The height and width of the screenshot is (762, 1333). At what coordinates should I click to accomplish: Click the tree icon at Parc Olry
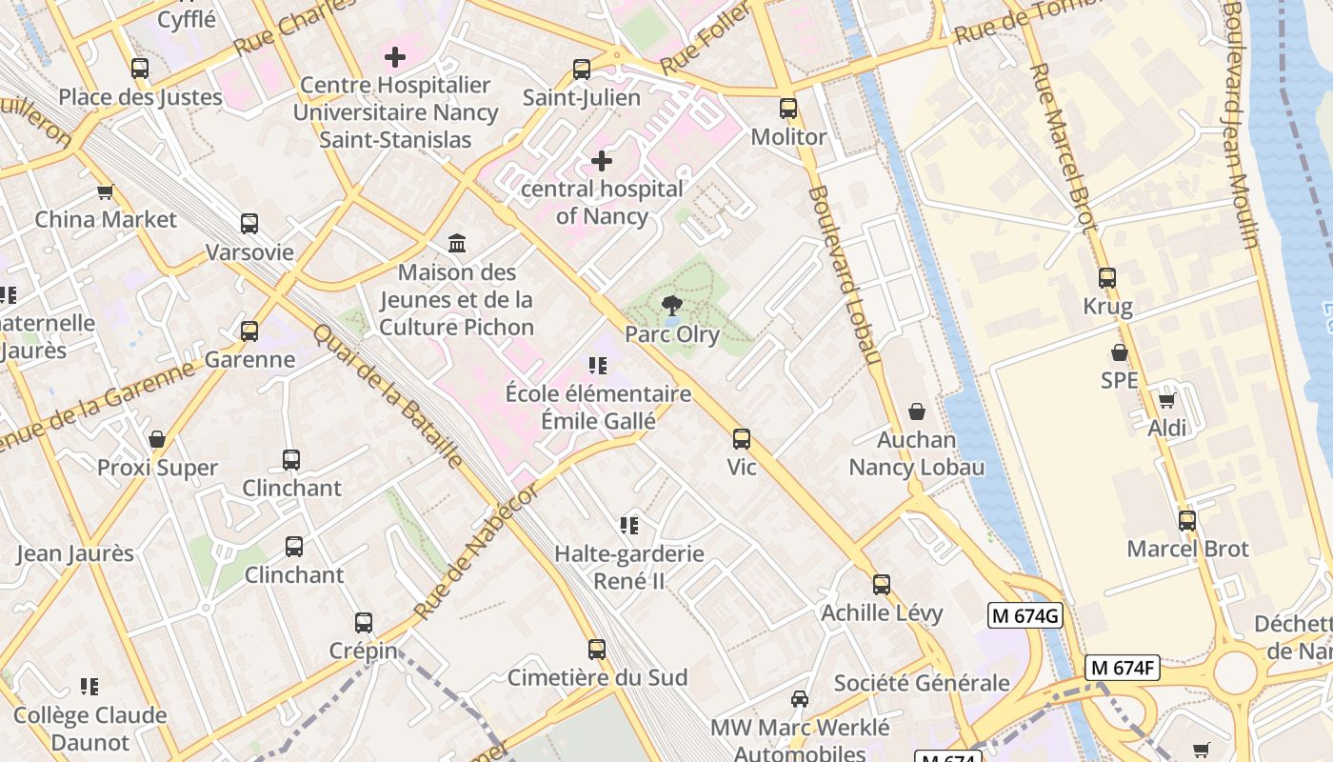point(672,306)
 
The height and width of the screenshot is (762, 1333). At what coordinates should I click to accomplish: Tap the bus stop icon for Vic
point(741,439)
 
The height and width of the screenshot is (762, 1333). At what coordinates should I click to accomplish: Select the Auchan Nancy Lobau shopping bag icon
point(916,411)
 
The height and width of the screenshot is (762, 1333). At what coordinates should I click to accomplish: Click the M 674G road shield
point(1025,616)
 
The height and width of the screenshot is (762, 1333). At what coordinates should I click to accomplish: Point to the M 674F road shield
point(1124,669)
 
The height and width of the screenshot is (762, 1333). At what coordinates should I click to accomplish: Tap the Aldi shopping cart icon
point(1166,400)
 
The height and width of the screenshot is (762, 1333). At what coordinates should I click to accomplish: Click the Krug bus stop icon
point(1106,278)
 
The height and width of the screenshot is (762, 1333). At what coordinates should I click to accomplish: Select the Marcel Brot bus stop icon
point(1186,521)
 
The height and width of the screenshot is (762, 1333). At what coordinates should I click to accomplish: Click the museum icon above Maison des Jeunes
point(457,244)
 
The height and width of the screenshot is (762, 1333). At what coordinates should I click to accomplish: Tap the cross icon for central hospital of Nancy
point(602,161)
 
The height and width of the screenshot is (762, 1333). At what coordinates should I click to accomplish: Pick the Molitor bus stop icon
point(788,109)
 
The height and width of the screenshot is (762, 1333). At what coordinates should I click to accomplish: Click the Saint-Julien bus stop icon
point(582,70)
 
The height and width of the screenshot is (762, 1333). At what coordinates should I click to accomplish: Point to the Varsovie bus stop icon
point(249,224)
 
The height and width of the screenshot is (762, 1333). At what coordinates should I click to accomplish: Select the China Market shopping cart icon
point(106,191)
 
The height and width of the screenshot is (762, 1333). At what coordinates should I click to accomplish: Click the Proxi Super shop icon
point(157,439)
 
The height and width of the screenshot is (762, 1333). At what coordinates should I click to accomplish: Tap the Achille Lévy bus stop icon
point(882,584)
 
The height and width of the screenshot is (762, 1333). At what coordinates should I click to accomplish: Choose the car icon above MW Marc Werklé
point(800,699)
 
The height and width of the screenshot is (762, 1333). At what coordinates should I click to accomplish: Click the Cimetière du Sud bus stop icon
point(597,650)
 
